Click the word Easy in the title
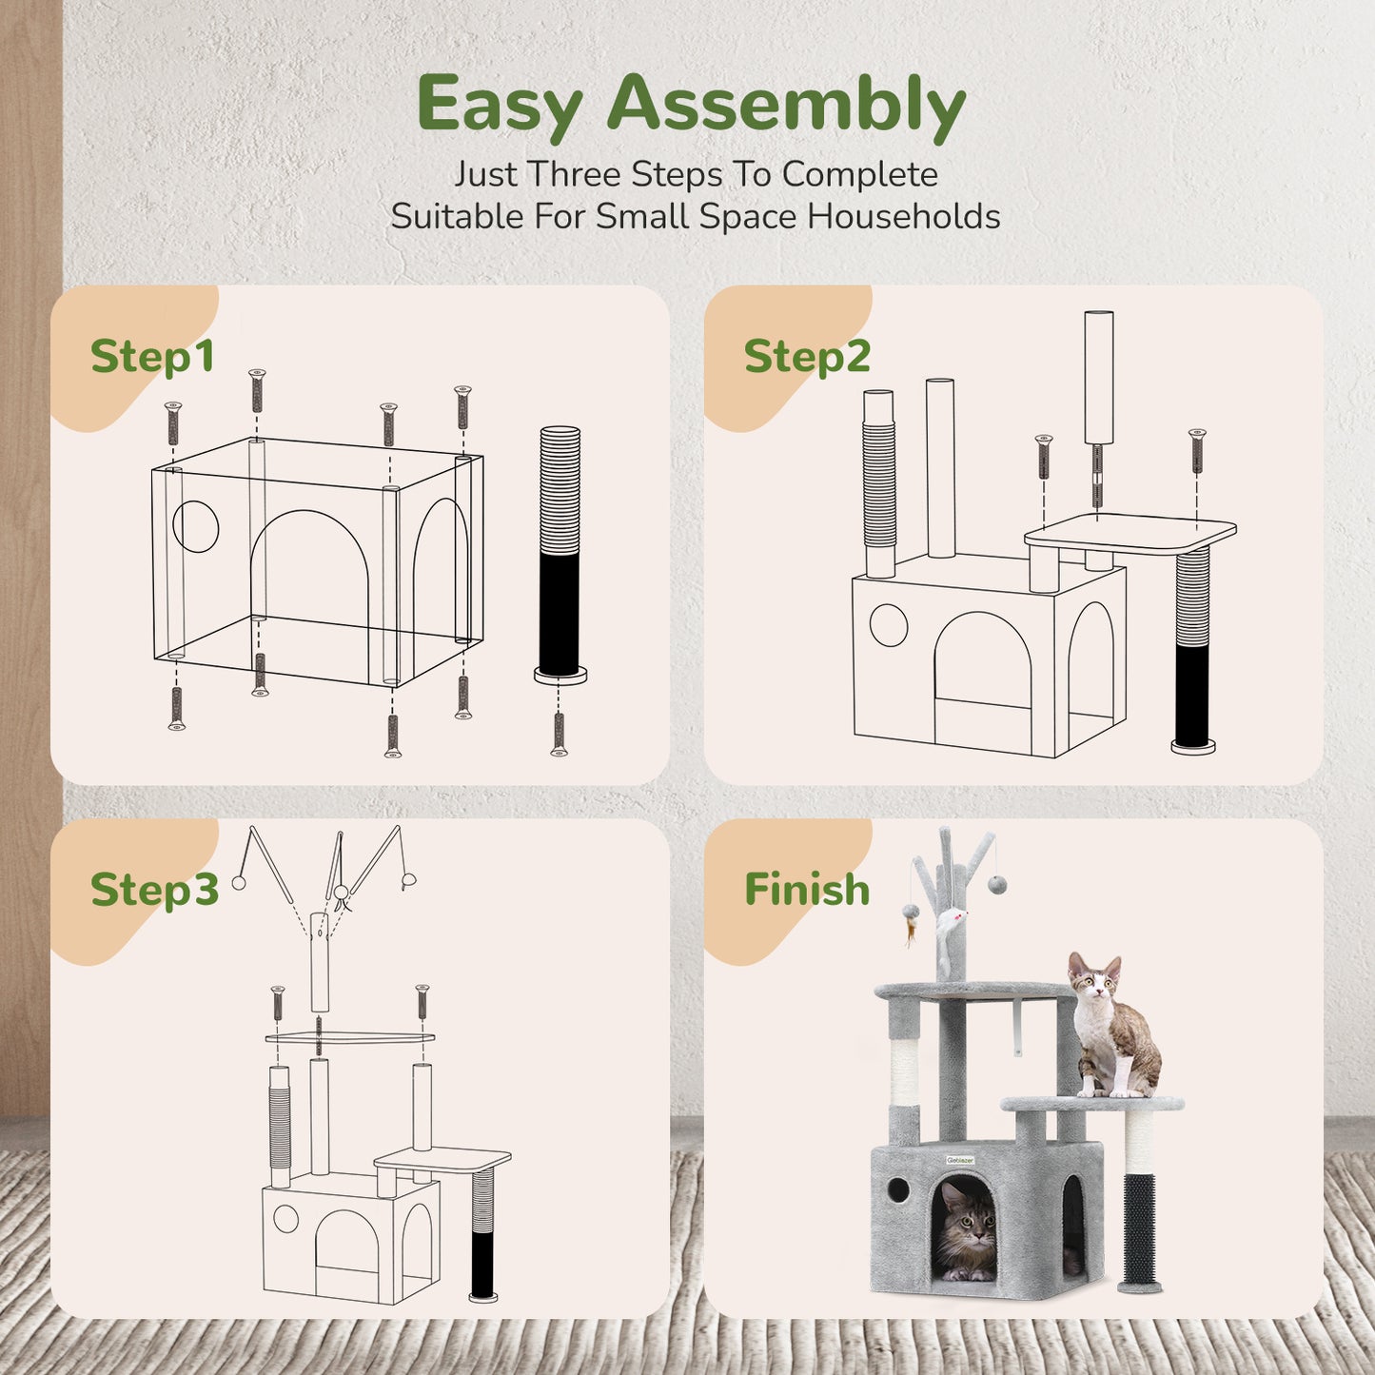499,106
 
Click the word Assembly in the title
786,106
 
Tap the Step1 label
152,357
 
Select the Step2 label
807,357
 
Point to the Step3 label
154,890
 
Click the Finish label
807,890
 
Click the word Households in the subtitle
904,217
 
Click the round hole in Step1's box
196,526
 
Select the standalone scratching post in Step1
560,552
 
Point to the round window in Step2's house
889,625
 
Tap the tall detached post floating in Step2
1099,379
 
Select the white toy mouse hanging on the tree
952,921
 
